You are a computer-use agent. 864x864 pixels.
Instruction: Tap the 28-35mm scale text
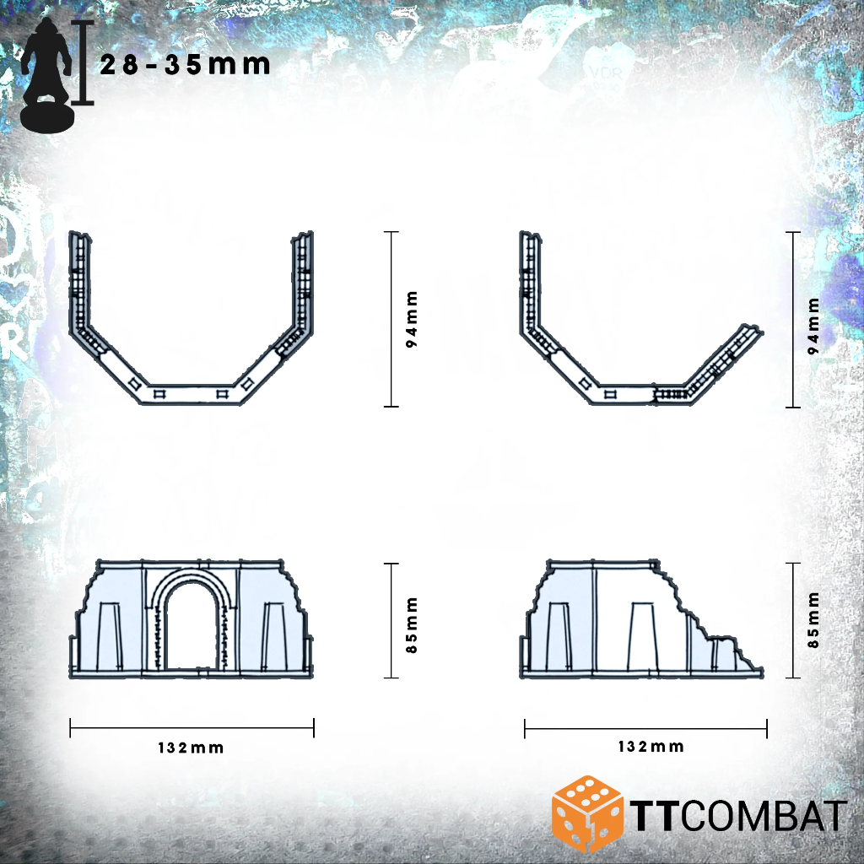(x=185, y=65)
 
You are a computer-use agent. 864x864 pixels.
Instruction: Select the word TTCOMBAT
(x=738, y=816)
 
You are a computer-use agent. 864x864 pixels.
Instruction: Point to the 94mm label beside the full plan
(x=412, y=319)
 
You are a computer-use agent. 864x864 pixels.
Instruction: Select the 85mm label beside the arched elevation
(x=412, y=625)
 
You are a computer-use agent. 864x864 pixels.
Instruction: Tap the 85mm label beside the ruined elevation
(x=813, y=620)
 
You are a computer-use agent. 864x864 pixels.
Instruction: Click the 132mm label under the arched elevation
(x=191, y=748)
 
